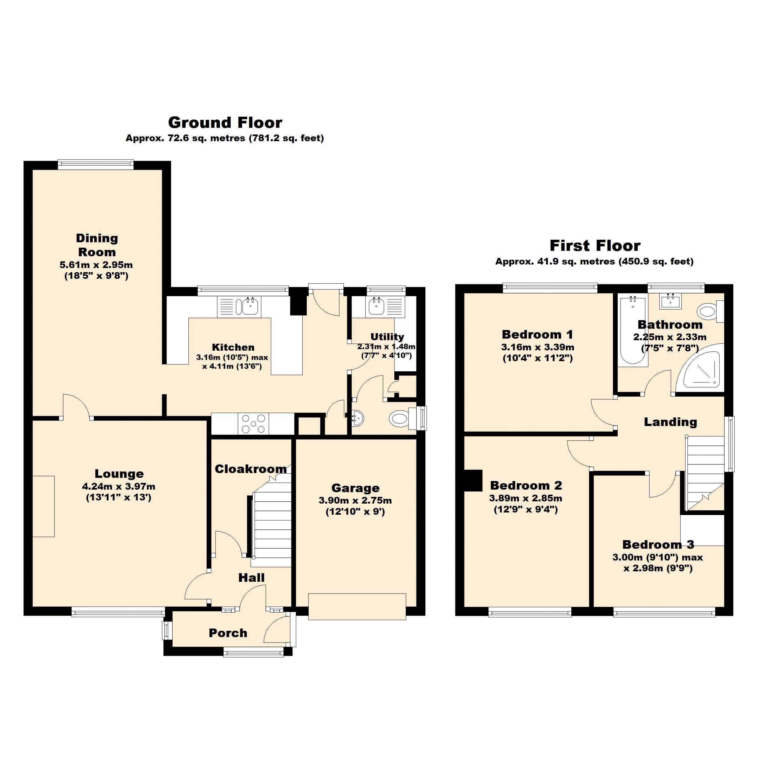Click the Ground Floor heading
(x=225, y=123)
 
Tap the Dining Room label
(x=97, y=245)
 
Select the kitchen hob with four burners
(x=253, y=424)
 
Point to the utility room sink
(x=376, y=306)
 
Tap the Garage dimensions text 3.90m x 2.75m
(x=355, y=501)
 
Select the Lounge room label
(x=119, y=473)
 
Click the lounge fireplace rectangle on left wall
(x=44, y=506)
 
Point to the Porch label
(x=228, y=633)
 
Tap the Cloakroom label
(x=251, y=469)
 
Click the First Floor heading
(x=595, y=246)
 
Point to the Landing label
(x=670, y=422)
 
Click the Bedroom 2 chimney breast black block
(x=473, y=480)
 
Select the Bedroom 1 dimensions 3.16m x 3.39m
(x=538, y=347)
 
